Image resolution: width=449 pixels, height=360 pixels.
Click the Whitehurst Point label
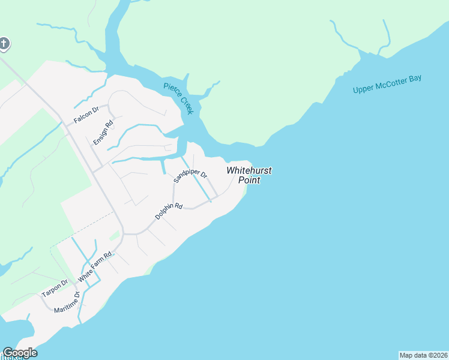click(x=249, y=175)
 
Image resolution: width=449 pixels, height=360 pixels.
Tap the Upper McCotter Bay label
click(x=387, y=85)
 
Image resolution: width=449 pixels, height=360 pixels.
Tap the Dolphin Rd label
click(x=168, y=211)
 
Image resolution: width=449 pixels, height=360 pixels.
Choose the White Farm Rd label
click(x=95, y=268)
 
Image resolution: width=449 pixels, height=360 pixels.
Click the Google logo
click(x=20, y=353)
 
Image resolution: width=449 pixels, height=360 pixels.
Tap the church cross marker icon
click(x=4, y=43)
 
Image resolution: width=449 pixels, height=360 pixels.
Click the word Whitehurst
click(x=249, y=170)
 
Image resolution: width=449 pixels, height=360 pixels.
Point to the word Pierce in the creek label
click(x=171, y=91)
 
